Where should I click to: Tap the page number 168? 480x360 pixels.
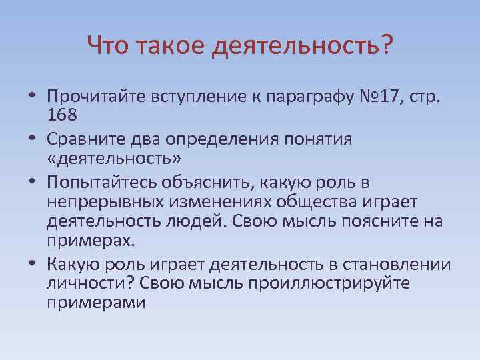(62, 115)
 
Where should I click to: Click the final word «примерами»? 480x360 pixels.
(95, 301)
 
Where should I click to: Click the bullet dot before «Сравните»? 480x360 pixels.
(32, 141)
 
